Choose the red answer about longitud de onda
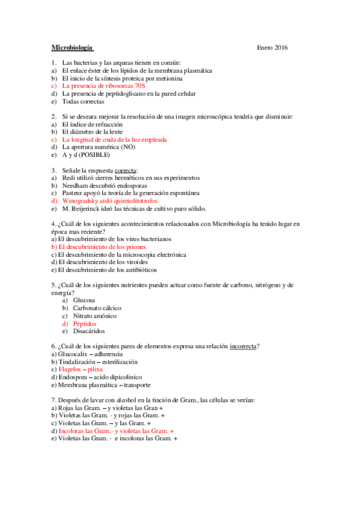click(114, 139)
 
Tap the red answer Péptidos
click(84, 324)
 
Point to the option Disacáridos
click(88, 331)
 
